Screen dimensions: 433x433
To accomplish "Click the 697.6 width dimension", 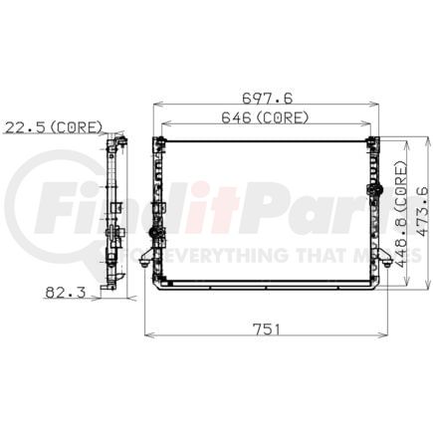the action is pos(268,99).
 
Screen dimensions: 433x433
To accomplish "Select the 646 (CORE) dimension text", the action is pos(265,117).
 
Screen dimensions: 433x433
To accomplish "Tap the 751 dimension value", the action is pos(267,329).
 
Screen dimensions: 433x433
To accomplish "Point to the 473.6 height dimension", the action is pos(422,212).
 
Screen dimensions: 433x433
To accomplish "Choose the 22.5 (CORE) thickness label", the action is pos(53,127).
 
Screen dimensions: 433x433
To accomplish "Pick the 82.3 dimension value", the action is pos(66,292).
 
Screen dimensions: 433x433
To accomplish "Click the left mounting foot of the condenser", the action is pos(146,259).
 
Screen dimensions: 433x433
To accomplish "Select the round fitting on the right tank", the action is pos(374,189).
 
